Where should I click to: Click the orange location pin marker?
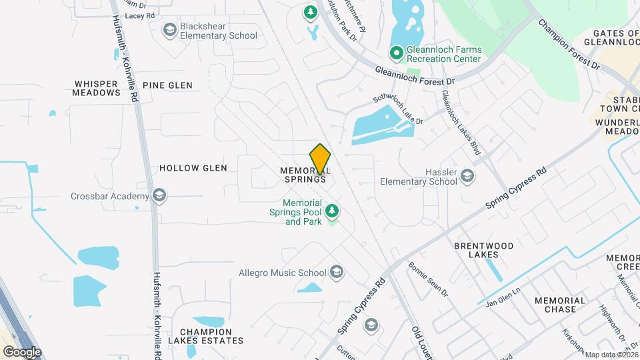[x=321, y=159]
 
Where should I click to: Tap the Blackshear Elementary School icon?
[x=169, y=30]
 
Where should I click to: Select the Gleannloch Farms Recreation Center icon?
[x=395, y=51]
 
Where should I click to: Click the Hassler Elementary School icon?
[x=467, y=176]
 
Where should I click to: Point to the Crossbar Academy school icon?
[x=159, y=195]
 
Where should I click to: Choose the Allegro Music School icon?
[x=337, y=272]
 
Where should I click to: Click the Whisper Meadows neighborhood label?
[x=97, y=89]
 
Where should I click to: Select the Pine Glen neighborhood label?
[x=167, y=85]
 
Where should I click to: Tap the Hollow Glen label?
[x=193, y=168]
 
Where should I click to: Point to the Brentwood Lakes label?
[x=483, y=250]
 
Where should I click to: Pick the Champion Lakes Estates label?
[x=205, y=336]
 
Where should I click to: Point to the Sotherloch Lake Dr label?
[x=398, y=109]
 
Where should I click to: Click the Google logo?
[x=22, y=351]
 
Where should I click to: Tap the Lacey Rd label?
[x=139, y=14]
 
